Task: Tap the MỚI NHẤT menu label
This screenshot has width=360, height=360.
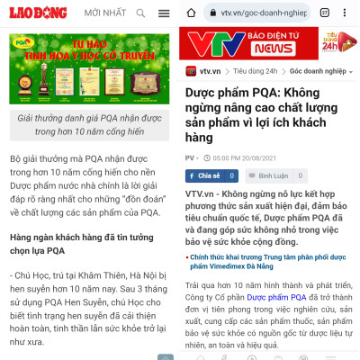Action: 105,13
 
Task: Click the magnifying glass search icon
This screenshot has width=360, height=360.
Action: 139,13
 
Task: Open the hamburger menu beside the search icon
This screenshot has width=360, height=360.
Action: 163,13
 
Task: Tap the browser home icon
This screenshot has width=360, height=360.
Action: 192,13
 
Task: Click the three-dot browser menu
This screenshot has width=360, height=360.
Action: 347,13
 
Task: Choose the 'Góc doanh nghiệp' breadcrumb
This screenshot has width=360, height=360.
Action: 316,70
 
